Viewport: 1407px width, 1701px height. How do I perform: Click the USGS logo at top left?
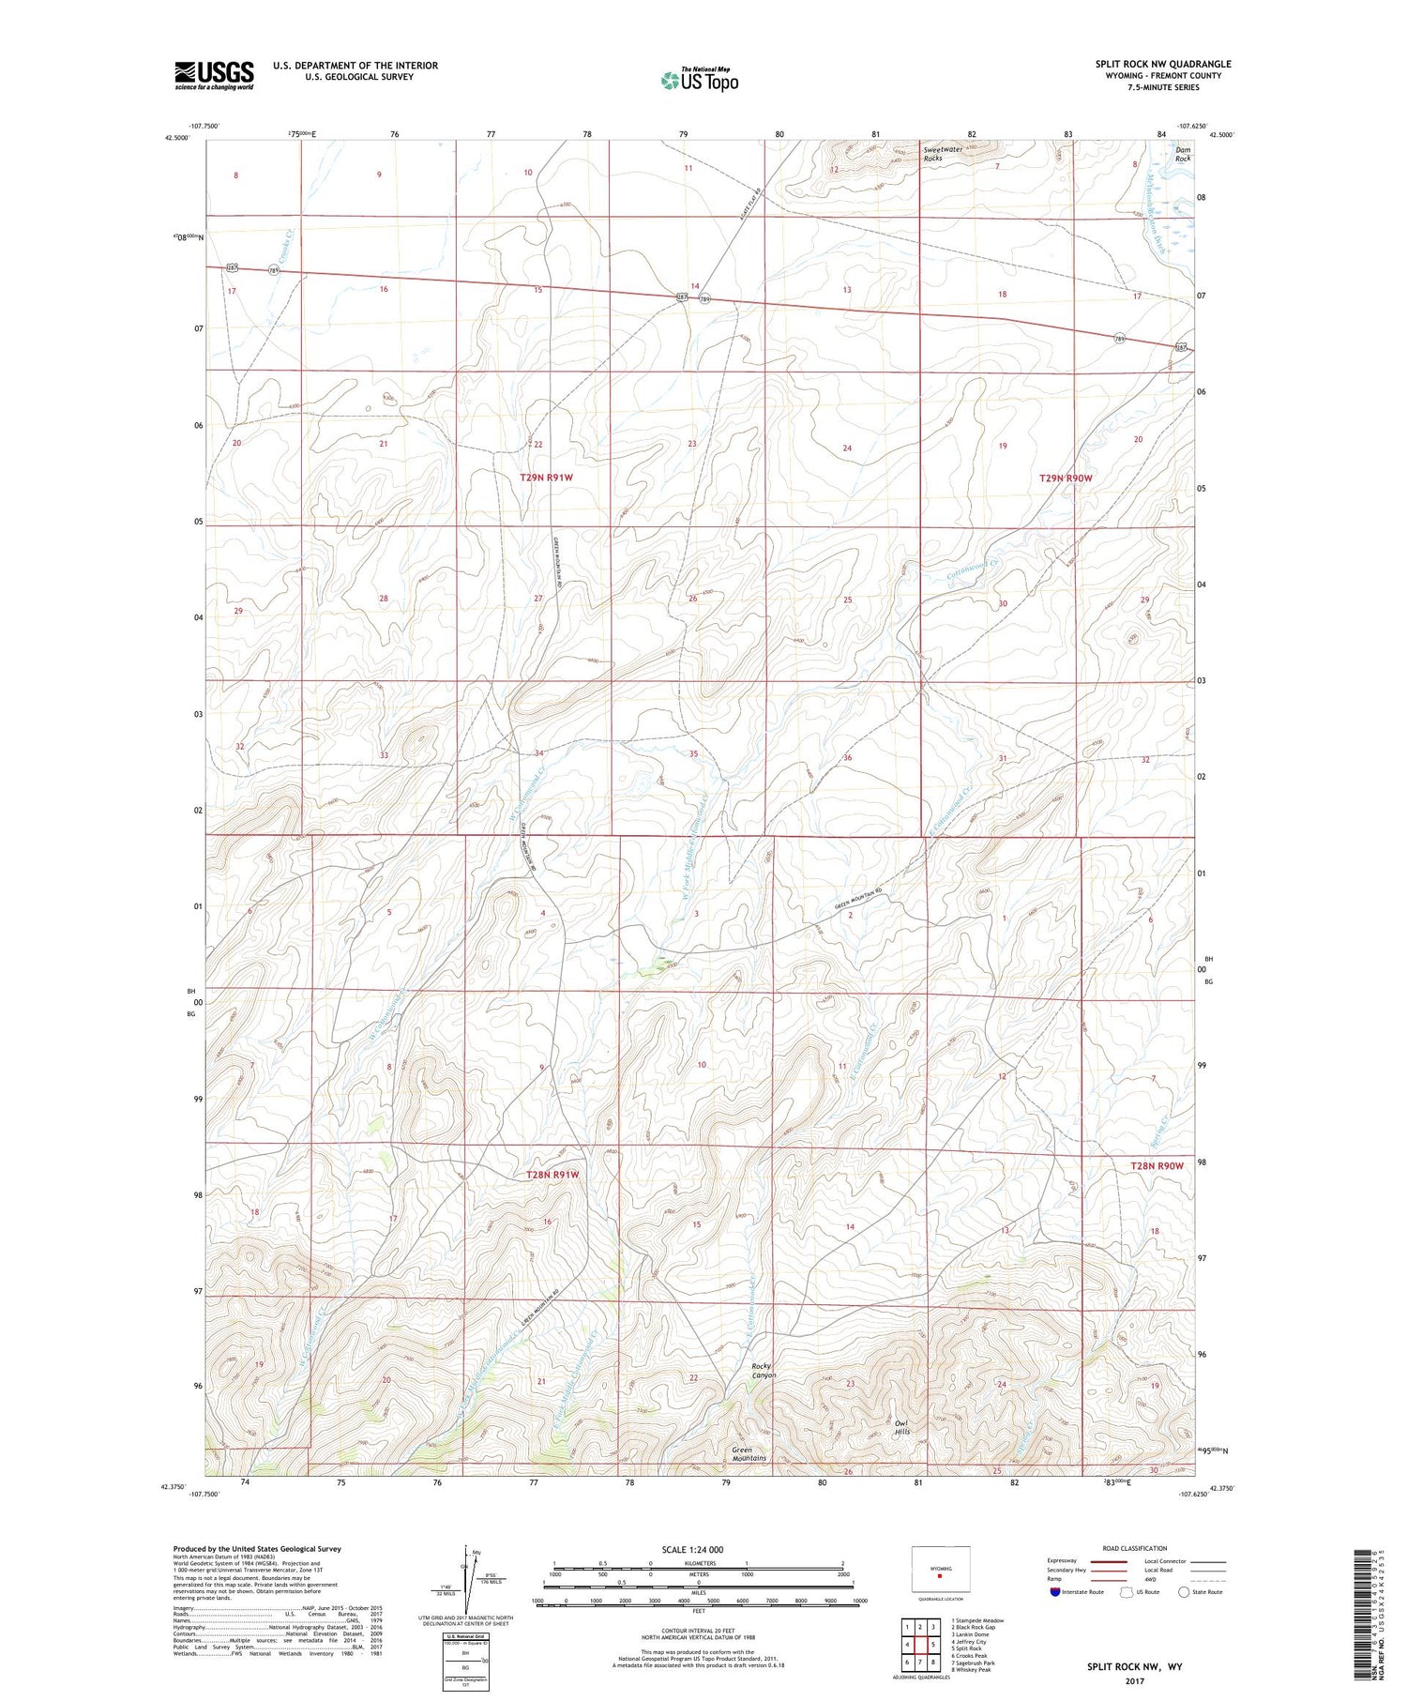214,75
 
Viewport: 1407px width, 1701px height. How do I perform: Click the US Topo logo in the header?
699,81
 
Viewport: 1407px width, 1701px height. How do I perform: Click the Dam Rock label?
1184,154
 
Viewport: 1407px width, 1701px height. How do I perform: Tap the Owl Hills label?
901,1427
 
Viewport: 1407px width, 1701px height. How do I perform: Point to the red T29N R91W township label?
546,478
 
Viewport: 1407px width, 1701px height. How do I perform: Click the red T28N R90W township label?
1156,1165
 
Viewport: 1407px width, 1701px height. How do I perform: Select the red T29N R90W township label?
1066,478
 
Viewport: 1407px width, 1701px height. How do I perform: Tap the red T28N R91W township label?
552,1175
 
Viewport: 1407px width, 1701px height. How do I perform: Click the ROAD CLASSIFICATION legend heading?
1135,1548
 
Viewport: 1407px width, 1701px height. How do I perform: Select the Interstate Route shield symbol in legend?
1055,1592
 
